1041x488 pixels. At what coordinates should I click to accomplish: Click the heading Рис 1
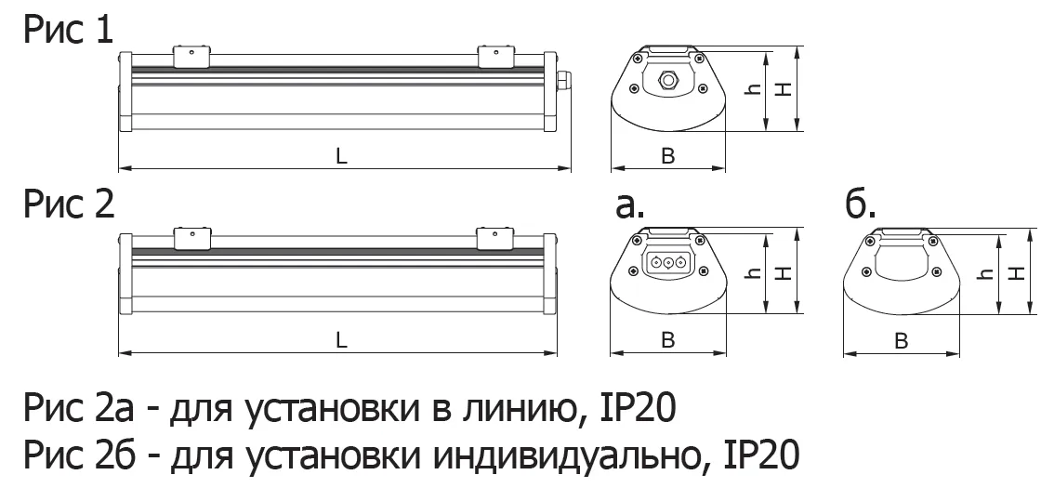(69, 32)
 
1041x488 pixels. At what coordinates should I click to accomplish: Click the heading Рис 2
(69, 204)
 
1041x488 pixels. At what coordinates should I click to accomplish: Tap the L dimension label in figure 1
(341, 156)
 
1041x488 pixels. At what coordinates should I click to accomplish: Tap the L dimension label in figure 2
(341, 340)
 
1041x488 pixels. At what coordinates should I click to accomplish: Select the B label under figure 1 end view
(668, 156)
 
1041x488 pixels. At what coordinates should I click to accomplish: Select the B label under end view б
(901, 341)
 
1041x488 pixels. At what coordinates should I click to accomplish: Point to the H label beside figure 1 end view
(785, 87)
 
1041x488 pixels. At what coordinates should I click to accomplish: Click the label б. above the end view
(861, 205)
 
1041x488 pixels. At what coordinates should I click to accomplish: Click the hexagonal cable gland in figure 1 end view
(667, 80)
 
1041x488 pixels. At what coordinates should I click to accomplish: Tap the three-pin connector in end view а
(666, 263)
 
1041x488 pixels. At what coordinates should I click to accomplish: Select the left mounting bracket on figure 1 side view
(191, 57)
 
